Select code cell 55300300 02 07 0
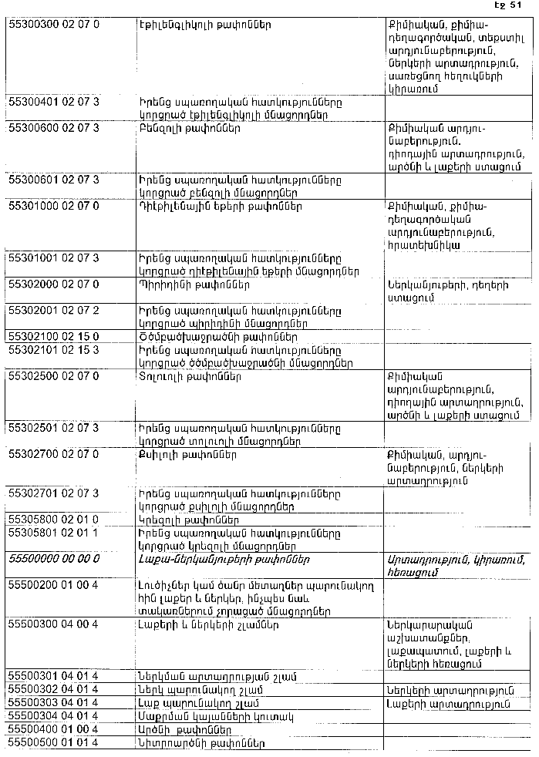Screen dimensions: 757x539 pos(53,25)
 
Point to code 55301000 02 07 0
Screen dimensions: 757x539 pos(53,206)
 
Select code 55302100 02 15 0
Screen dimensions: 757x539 pos(53,337)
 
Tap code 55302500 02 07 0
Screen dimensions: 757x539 pos(53,377)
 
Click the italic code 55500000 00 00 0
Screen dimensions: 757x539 pos(53,558)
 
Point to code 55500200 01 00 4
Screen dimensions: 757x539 pos(53,585)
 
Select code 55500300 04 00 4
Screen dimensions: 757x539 pos(53,624)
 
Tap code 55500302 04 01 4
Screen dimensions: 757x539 pos(53,689)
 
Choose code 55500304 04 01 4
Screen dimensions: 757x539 pos(53,715)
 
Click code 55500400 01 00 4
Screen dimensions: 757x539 pos(53,728)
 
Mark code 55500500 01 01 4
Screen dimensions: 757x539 pos(53,742)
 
